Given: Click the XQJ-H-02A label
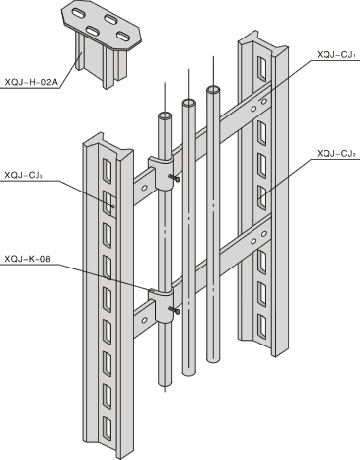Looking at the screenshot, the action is click(x=31, y=82).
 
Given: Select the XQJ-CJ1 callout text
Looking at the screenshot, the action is click(x=336, y=55).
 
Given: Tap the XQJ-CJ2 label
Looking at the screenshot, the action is click(x=336, y=153).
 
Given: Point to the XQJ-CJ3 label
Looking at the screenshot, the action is click(x=24, y=175).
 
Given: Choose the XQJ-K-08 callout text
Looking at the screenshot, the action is click(x=28, y=259).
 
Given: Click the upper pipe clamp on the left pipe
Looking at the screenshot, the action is click(x=161, y=173).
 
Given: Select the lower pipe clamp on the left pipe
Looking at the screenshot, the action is click(x=161, y=305).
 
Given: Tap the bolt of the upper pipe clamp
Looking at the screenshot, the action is click(x=175, y=178).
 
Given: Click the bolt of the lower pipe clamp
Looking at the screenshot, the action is click(x=175, y=310).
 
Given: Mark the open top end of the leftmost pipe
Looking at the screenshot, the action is click(x=165, y=115).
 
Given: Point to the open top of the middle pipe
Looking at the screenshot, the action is click(x=189, y=103).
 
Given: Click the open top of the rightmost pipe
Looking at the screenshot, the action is click(x=213, y=89).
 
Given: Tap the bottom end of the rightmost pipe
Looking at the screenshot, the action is click(x=213, y=359).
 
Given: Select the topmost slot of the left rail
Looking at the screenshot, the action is click(x=108, y=171).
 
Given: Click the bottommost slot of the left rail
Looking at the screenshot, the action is click(x=108, y=428).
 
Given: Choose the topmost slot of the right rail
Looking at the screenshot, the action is click(x=262, y=69).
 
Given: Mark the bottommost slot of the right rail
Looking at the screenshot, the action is click(x=262, y=327).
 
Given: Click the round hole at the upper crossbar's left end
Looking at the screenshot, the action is click(x=144, y=188).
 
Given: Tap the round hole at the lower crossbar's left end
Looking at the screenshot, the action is click(x=144, y=320).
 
